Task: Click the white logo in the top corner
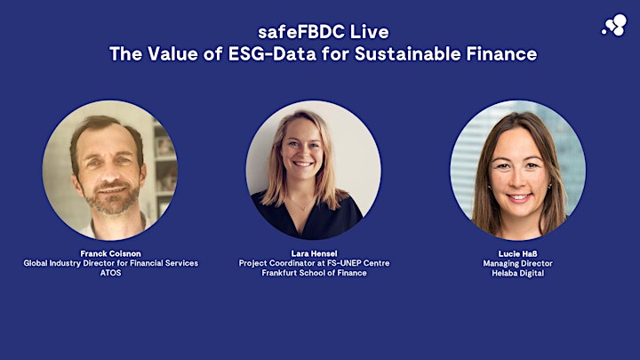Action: [615, 25]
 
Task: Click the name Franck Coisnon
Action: [110, 253]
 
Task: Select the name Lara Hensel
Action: [315, 253]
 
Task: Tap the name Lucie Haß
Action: [517, 253]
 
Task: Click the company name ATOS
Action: [110, 273]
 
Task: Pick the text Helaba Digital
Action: [517, 273]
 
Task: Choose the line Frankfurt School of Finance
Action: [315, 273]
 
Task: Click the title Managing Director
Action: [517, 263]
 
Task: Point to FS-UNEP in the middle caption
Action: [345, 263]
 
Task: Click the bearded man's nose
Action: [110, 172]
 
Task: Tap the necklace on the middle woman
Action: [301, 205]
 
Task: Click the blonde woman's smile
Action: [303, 164]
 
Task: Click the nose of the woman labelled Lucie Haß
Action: [517, 179]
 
